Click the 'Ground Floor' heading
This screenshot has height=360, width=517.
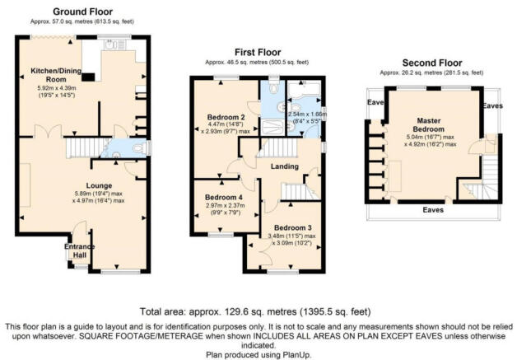tap(83, 12)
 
